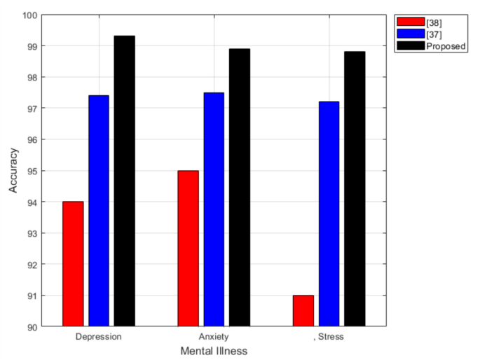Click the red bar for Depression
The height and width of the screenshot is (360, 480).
click(x=73, y=264)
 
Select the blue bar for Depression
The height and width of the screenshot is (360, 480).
click(x=99, y=211)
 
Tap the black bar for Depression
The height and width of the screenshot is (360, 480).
click(x=125, y=181)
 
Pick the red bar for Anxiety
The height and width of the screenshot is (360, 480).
click(x=188, y=249)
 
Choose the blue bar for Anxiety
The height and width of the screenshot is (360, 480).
click(x=214, y=209)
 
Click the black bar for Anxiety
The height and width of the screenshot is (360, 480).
click(x=240, y=187)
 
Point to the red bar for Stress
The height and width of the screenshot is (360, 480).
click(x=303, y=311)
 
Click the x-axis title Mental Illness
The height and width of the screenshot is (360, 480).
click(x=214, y=351)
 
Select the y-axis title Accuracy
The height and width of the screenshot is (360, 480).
click(x=13, y=170)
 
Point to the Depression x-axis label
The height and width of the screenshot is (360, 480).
click(x=98, y=337)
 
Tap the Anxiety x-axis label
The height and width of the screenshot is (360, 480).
click(x=214, y=337)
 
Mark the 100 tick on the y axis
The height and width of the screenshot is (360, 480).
click(x=29, y=15)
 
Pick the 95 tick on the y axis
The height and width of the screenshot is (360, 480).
click(x=32, y=171)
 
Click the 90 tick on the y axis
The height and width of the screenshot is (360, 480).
click(x=32, y=326)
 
